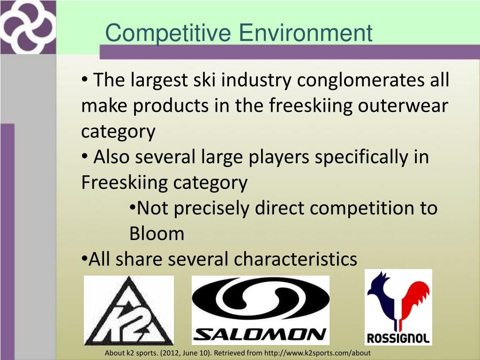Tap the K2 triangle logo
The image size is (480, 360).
coord(128,310)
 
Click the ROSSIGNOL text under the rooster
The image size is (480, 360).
coord(398,338)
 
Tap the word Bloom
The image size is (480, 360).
coord(157,233)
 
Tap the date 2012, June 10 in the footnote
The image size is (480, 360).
coord(185,353)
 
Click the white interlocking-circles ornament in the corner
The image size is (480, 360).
coord(27,26)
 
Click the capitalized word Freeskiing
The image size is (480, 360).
coord(124,182)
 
